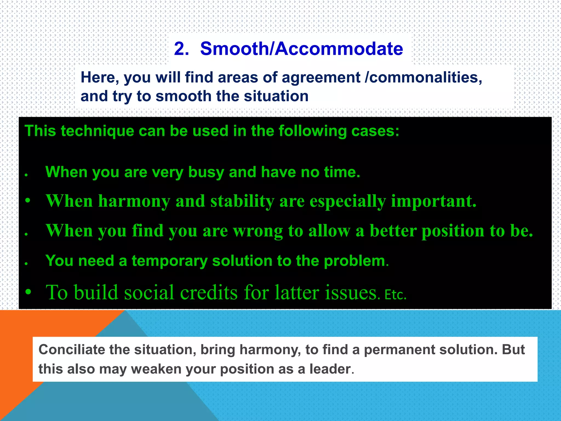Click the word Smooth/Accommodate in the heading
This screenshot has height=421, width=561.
302,49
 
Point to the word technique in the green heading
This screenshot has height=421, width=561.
97,131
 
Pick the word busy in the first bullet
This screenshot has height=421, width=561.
206,173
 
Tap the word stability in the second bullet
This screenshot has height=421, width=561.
242,201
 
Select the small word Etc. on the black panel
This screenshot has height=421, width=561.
395,295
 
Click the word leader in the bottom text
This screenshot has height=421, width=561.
330,369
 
